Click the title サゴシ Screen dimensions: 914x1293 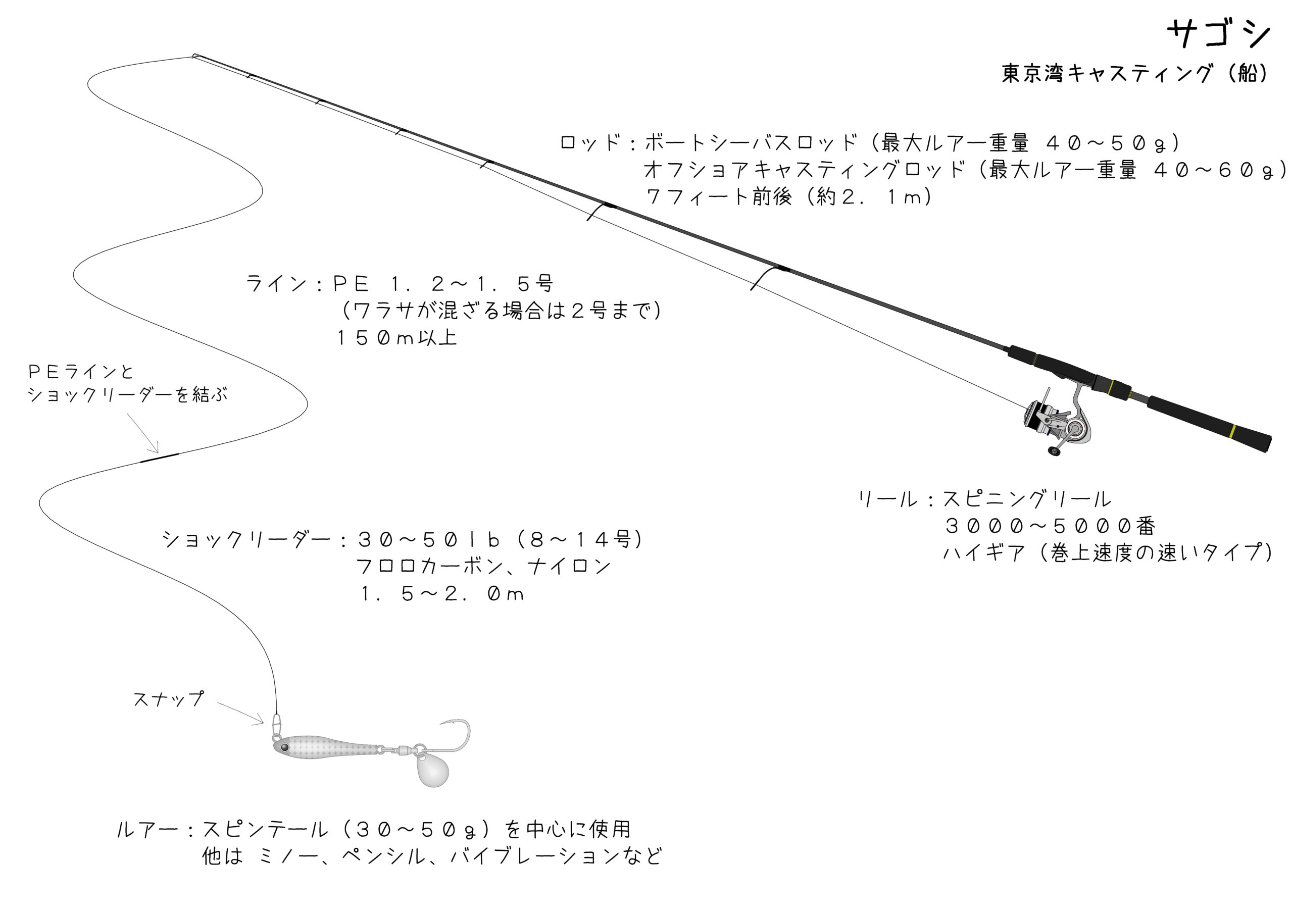(1219, 34)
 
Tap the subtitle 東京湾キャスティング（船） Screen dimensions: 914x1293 (1134, 74)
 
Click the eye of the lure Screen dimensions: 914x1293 (284, 747)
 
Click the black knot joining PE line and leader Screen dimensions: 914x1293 (160, 458)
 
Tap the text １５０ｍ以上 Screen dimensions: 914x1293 (396, 338)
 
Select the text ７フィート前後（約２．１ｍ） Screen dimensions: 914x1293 (788, 196)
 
